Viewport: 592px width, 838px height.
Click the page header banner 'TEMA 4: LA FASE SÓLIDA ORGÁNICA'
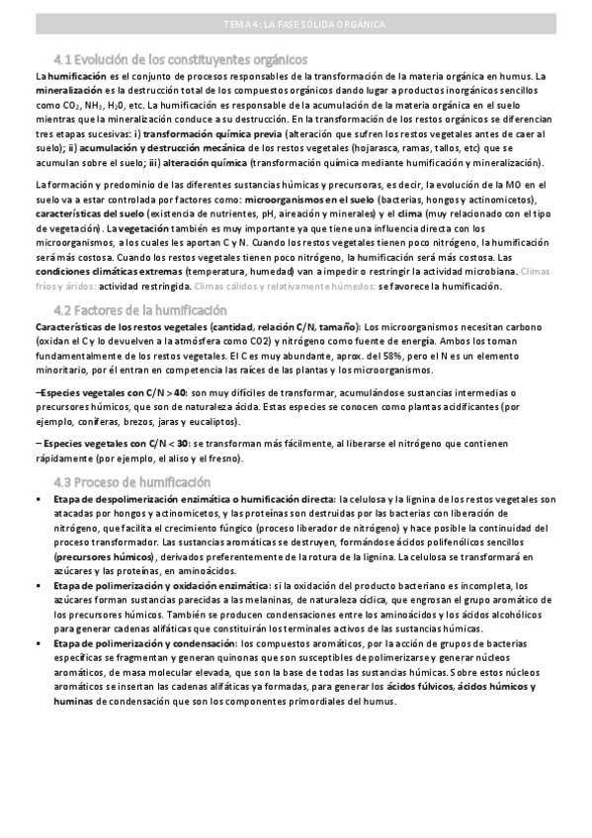pos(296,25)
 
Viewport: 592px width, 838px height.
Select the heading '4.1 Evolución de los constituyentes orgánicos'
pos(181,58)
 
